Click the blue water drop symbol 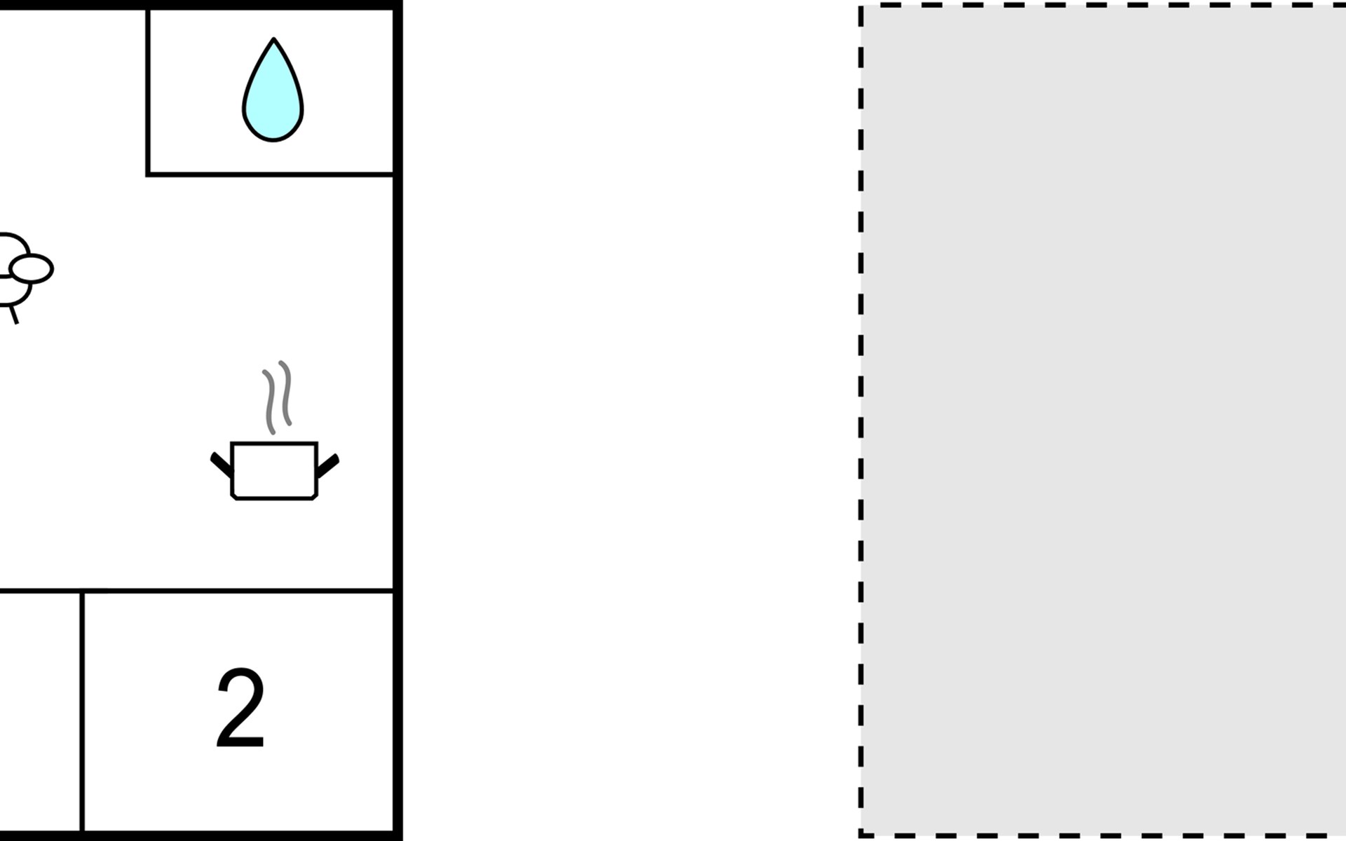tap(273, 98)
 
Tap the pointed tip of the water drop tap(273, 41)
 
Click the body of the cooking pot tap(274, 470)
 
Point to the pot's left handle tap(221, 464)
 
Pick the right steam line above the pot tap(285, 394)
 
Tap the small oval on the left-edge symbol tap(32, 268)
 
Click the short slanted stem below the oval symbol tap(13, 313)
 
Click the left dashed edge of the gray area tap(861, 420)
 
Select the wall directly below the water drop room tap(271, 174)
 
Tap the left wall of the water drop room tap(148, 91)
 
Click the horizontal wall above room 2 tap(238, 591)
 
